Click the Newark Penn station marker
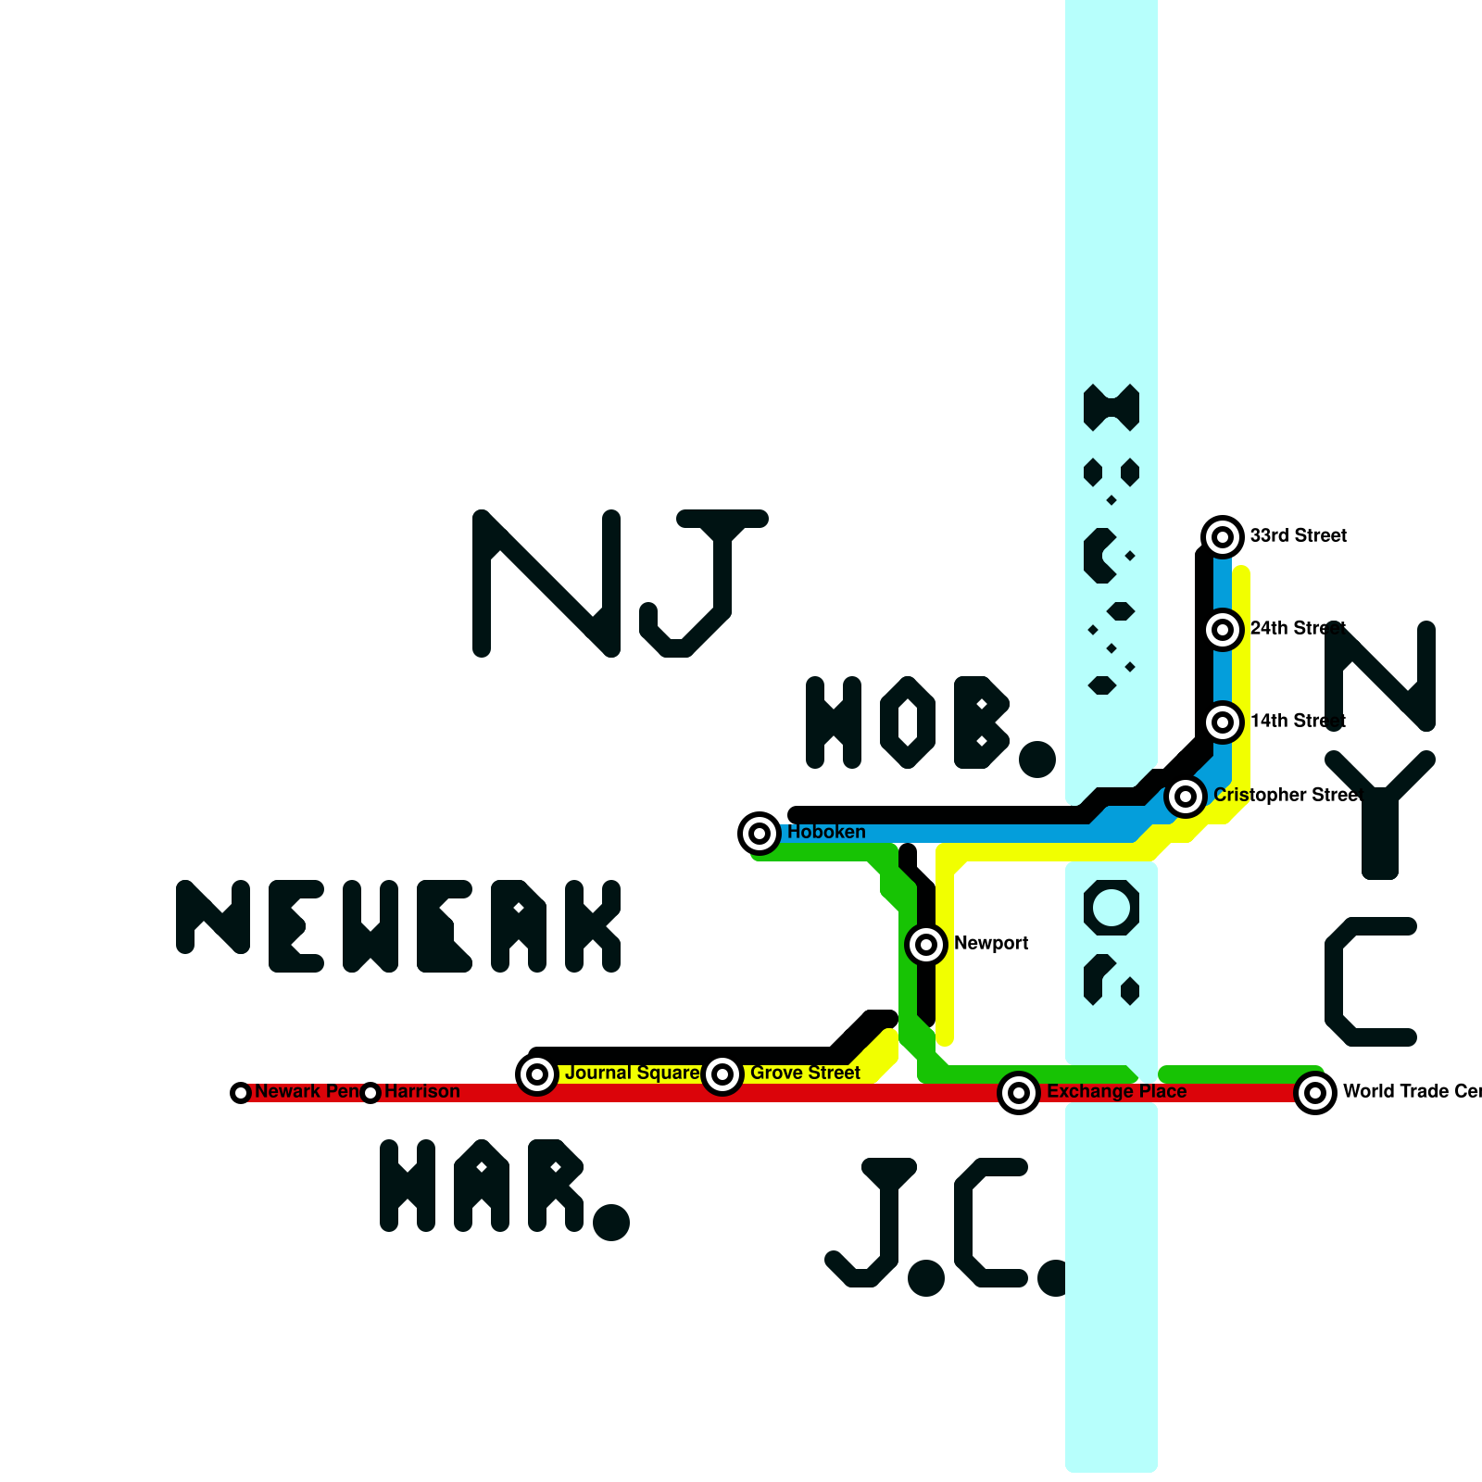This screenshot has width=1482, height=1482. point(241,1093)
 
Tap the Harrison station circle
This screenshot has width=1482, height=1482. point(370,1093)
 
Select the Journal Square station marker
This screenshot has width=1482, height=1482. point(537,1074)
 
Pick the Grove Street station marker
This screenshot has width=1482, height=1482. point(722,1074)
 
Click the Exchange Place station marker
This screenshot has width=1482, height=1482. point(1019,1093)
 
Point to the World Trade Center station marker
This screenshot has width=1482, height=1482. point(1315,1093)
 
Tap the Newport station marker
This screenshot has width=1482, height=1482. point(926,945)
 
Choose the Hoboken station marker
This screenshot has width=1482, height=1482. point(760,834)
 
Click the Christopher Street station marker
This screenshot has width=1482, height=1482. point(1186,797)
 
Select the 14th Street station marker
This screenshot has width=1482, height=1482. point(1223,722)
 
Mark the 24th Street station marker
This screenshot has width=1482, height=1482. point(1223,630)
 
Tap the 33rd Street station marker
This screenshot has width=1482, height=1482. point(1223,537)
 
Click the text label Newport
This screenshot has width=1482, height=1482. point(991,944)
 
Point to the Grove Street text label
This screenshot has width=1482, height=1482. point(805,1074)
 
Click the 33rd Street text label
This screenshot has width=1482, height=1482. point(1298,536)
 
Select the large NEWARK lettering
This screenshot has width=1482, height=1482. point(398,926)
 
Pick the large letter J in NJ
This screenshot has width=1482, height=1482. point(704,584)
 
